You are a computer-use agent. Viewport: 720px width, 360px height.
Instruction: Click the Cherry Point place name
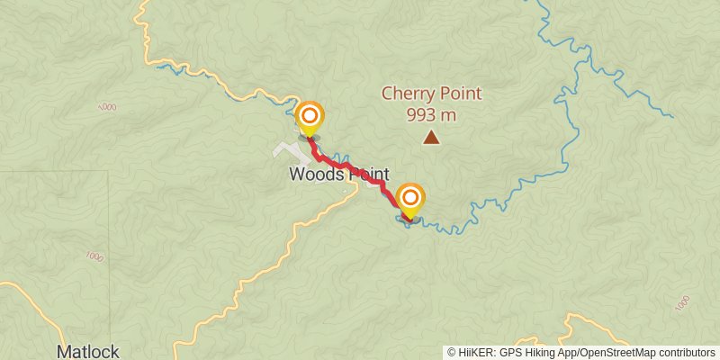[431, 93]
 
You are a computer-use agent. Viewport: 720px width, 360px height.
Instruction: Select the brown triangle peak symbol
[432, 138]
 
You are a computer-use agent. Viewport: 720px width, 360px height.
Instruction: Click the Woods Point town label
[338, 175]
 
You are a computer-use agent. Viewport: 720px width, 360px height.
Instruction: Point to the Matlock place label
[87, 351]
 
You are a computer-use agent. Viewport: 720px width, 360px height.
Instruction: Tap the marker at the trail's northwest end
[310, 117]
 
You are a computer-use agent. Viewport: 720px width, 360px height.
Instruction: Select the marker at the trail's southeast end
[410, 199]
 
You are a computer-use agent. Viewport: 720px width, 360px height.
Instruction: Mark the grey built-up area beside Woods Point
[290, 149]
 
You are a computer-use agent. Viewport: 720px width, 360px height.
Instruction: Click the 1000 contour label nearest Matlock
[94, 256]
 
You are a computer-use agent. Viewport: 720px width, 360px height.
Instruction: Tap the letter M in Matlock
[64, 351]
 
